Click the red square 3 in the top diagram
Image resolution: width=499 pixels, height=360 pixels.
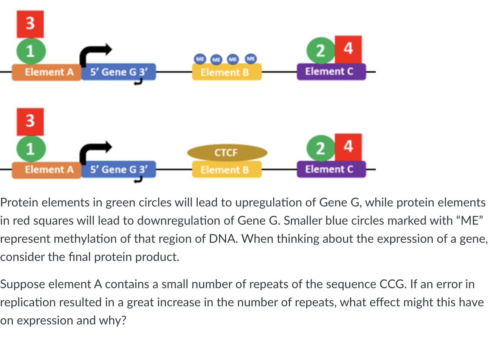point(30,24)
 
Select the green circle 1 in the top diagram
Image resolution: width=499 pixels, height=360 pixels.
point(31,51)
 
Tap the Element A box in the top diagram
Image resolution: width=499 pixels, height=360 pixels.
point(46,72)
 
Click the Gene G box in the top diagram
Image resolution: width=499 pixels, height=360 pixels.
point(118,72)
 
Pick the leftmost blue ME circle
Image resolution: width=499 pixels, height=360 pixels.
point(200,59)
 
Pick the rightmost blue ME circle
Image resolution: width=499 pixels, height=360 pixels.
point(251,59)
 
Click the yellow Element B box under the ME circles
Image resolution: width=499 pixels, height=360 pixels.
point(226,72)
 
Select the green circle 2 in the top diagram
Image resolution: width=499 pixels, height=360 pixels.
point(320,50)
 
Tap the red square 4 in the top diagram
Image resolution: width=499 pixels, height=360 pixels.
point(349,49)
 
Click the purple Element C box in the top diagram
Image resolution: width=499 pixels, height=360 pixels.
point(331,71)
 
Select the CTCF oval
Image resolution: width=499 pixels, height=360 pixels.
point(227,153)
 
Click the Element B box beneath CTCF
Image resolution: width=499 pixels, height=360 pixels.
point(226,170)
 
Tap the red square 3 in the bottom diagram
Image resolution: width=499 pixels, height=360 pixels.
point(30,122)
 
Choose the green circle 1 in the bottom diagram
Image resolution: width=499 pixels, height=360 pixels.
point(31,148)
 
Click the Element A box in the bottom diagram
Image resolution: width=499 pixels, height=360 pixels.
point(46,169)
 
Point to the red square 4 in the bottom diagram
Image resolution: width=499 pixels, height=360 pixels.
point(349,147)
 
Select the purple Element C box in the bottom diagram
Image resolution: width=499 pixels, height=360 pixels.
point(331,169)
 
